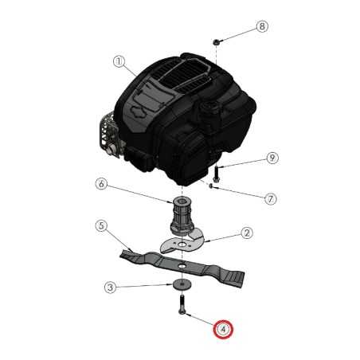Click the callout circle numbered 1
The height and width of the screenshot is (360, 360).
pos(119,62)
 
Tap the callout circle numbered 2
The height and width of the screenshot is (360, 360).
pos(247,233)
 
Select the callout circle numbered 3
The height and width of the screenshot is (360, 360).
pos(110,288)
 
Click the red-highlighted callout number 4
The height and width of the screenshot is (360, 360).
pos(223,330)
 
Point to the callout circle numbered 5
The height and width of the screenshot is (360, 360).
pos(101,226)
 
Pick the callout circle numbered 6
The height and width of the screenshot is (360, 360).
pos(101,184)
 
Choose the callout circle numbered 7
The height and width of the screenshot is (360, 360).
pos(271,198)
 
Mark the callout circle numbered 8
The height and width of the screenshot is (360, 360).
pos(262,26)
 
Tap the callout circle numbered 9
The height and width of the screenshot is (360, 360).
pos(272,158)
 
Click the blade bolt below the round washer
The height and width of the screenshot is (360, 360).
pos(182,305)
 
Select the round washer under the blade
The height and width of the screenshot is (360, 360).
pos(182,284)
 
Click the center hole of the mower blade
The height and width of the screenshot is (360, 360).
pos(182,265)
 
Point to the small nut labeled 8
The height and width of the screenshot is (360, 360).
pos(216,41)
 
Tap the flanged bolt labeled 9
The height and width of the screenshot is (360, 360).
pos(216,174)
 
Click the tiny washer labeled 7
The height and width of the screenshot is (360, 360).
pos(211,186)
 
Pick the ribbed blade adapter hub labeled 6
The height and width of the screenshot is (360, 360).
pos(182,216)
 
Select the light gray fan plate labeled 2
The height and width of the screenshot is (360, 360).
pos(182,242)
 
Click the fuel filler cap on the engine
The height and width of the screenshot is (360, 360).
pos(209,108)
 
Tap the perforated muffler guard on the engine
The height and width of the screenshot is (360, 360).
pos(108,134)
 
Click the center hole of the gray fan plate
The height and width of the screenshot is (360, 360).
pos(182,244)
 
